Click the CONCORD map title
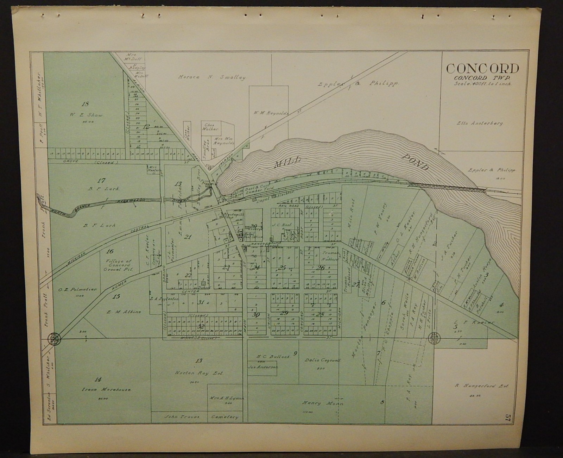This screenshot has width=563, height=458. point(482,69)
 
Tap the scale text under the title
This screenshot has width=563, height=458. point(482,84)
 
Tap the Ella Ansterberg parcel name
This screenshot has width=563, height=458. point(480,124)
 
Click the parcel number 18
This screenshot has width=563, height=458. point(85,103)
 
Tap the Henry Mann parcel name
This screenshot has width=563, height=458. point(322,403)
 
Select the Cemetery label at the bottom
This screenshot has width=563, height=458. point(224,417)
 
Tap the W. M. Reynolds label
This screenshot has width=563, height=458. point(271,113)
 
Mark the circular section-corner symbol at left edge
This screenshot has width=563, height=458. point(55,339)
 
